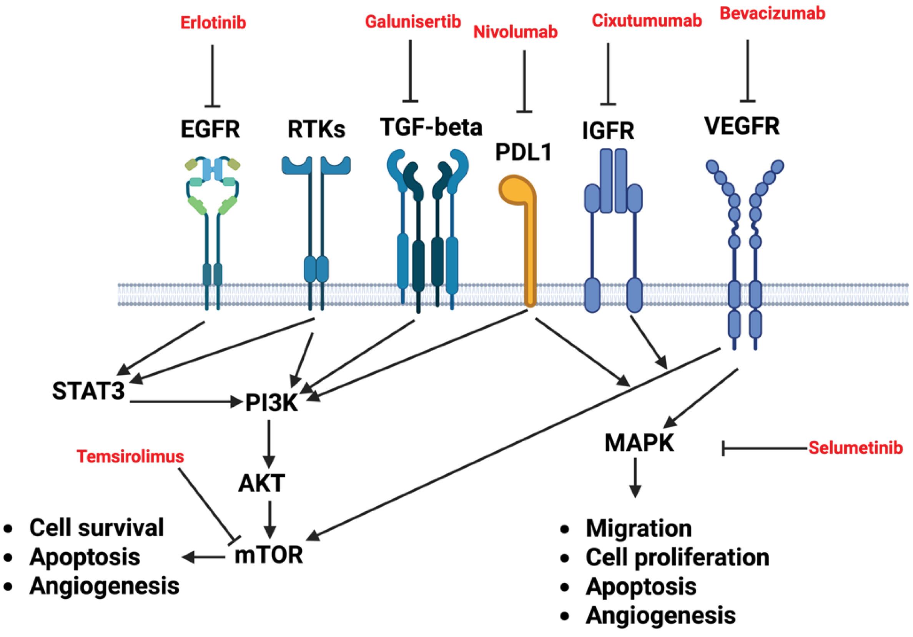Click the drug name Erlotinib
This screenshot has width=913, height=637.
(x=213, y=23)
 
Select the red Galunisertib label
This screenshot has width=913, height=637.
(x=413, y=22)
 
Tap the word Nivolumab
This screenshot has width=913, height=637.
(x=516, y=32)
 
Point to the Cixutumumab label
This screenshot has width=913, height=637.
(x=647, y=21)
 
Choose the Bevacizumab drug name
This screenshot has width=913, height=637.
(x=773, y=13)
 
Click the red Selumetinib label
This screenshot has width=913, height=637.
(x=855, y=449)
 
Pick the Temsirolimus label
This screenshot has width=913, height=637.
(x=130, y=456)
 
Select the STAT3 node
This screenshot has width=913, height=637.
(x=88, y=391)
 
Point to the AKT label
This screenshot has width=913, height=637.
(x=262, y=484)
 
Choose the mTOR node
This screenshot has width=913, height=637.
(x=269, y=555)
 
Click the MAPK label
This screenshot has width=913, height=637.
(x=639, y=443)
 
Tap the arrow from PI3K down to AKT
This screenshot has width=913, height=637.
(x=270, y=444)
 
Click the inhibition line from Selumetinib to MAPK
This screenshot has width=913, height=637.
(x=764, y=449)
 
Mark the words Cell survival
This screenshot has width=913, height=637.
(x=96, y=528)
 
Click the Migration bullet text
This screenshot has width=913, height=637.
(x=639, y=529)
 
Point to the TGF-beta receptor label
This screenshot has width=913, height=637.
(x=431, y=127)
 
